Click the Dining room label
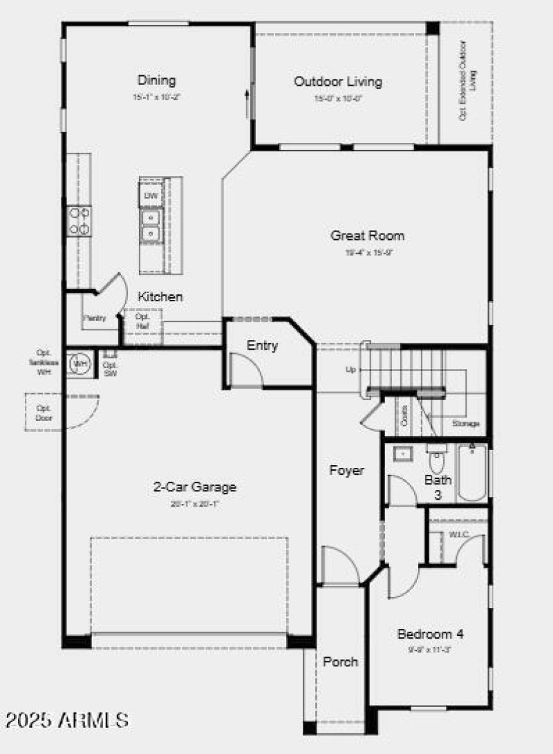click(156, 80)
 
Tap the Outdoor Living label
click(338, 82)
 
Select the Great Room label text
click(367, 236)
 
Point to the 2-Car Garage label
click(194, 487)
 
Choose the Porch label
click(341, 661)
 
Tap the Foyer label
click(346, 471)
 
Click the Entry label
click(262, 346)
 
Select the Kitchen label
click(160, 296)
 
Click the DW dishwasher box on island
click(151, 196)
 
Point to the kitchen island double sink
click(150, 226)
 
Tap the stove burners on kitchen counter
click(78, 221)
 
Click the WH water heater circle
click(79, 364)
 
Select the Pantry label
click(94, 319)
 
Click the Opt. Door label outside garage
click(44, 413)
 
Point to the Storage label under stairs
click(465, 423)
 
